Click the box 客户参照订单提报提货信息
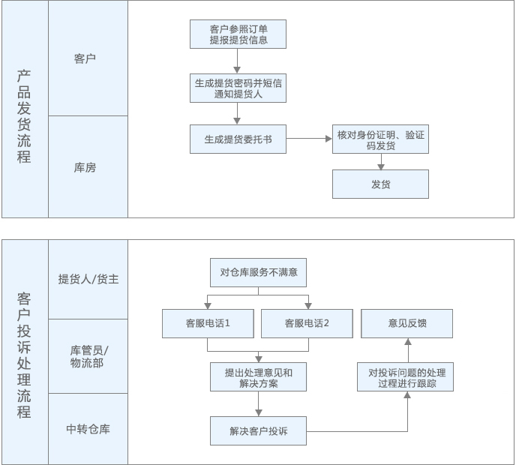coord(238,34)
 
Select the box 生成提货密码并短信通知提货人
coord(238,88)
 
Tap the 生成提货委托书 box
coord(238,139)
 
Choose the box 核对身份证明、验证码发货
coord(380,139)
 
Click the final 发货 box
coord(380,184)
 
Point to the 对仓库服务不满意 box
coord(258,272)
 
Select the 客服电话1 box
coord(208,323)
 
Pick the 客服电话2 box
coord(307,323)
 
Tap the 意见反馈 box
coord(407,323)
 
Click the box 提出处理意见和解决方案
coord(258,377)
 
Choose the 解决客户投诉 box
coord(258,431)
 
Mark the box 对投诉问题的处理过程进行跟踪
coord(406,377)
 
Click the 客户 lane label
coord(85,58)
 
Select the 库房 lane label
coord(85,168)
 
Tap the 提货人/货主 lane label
coord(88,279)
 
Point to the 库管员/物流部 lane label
coord(88,356)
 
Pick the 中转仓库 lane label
coord(88,429)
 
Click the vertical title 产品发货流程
coord(24,116)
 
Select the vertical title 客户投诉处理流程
coord(24,355)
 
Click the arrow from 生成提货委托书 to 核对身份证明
coord(309,139)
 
